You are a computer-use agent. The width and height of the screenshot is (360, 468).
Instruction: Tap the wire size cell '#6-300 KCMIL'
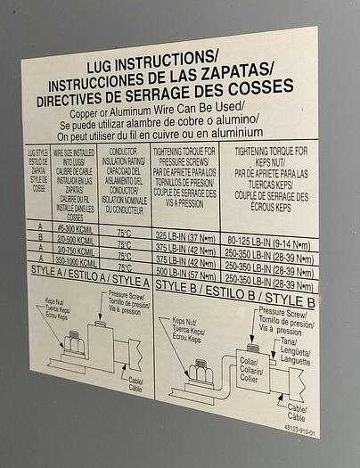(x=75, y=228)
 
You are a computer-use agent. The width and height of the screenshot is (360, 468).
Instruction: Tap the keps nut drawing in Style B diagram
(x=203, y=371)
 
